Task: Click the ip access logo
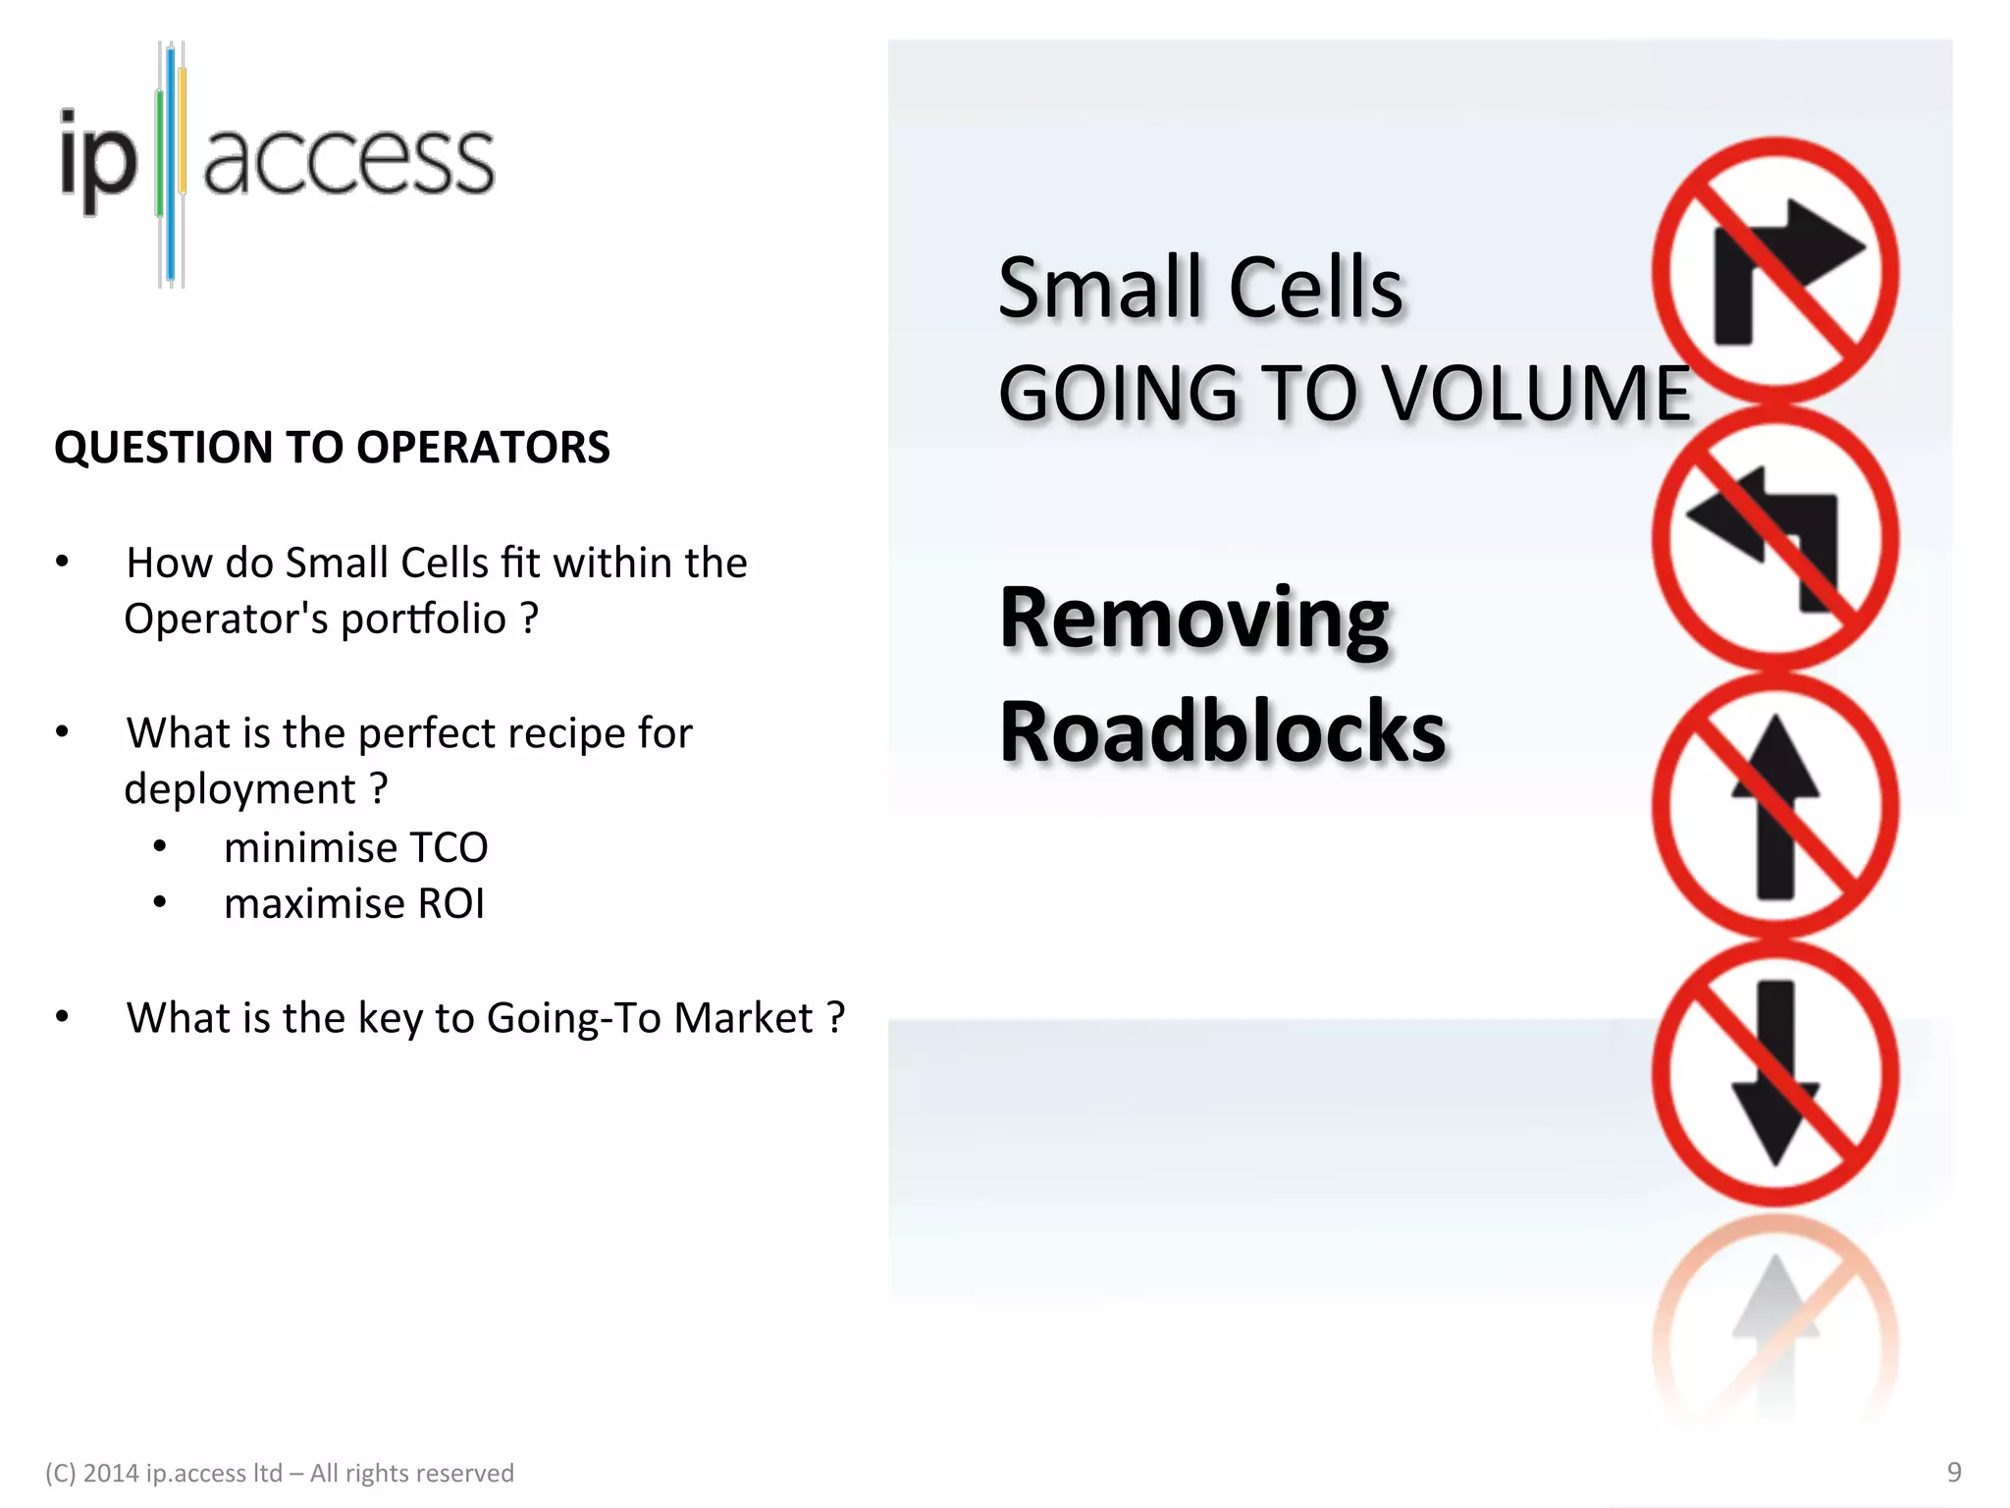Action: pyautogui.click(x=277, y=162)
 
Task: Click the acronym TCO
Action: pyautogui.click(x=449, y=848)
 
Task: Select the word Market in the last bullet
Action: pyautogui.click(x=743, y=1018)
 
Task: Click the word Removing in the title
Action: pyautogui.click(x=1193, y=619)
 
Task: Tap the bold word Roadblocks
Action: pyautogui.click(x=1222, y=731)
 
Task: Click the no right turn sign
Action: pyautogui.click(x=1774, y=270)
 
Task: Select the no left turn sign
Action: pyautogui.click(x=1774, y=538)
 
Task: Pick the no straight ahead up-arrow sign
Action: pyautogui.click(x=1774, y=806)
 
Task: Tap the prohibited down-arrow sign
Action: pyautogui.click(x=1774, y=1073)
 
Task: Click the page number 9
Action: pyautogui.click(x=1953, y=1472)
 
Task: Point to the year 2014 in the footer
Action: pyautogui.click(x=110, y=1474)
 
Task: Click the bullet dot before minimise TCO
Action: pyautogui.click(x=160, y=846)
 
